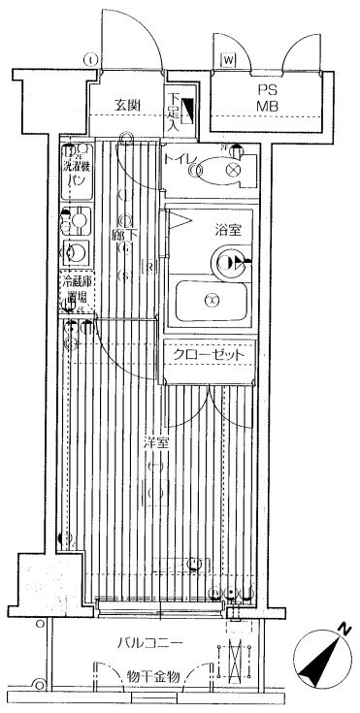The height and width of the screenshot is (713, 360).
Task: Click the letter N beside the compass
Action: (344, 632)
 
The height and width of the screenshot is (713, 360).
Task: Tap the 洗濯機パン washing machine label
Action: (77, 173)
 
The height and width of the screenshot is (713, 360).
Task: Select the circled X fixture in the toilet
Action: (232, 170)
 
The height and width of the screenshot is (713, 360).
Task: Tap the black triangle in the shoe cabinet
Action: (189, 110)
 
